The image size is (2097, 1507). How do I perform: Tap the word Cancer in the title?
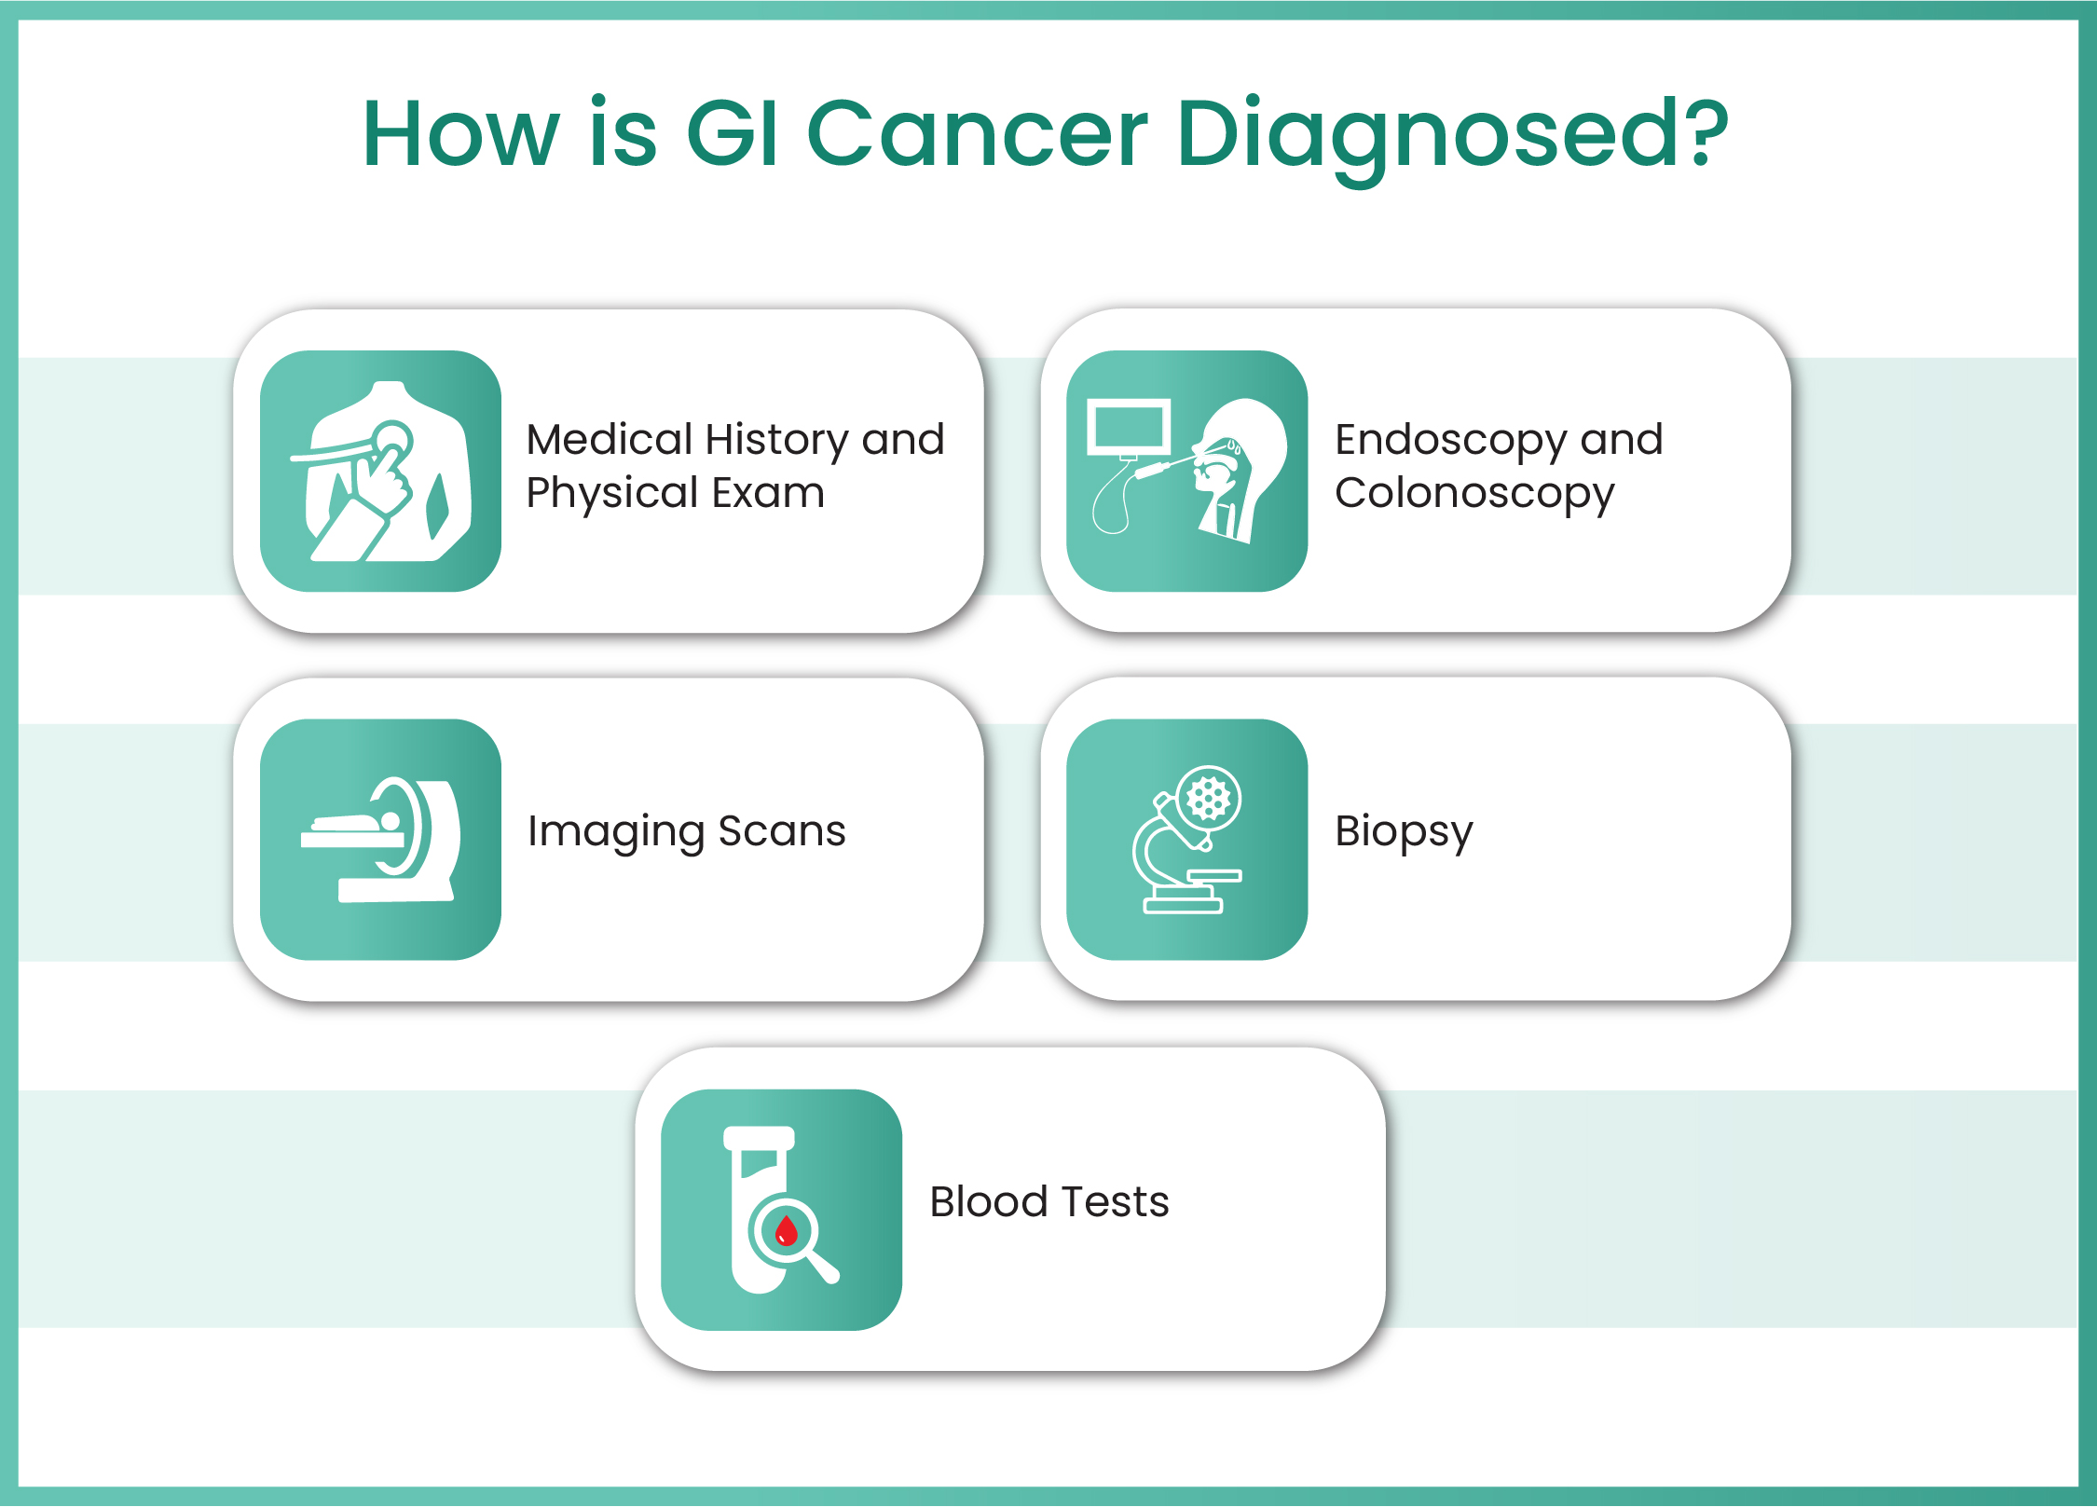(976, 135)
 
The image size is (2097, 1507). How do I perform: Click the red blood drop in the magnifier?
(787, 1230)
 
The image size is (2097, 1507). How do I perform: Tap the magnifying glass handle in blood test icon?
(824, 1267)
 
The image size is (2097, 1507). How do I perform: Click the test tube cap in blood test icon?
(759, 1138)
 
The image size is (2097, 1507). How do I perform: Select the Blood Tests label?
(1048, 1201)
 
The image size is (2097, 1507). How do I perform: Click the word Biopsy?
(1404, 831)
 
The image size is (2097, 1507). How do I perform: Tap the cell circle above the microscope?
(1209, 798)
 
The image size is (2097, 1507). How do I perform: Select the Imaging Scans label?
(686, 831)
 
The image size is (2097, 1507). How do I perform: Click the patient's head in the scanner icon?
(391, 820)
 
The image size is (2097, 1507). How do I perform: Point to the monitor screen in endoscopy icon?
(1129, 427)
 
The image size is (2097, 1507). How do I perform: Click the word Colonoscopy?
(1473, 493)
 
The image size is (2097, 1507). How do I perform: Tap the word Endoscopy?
(1450, 440)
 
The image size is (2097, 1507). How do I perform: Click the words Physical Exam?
(675, 493)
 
